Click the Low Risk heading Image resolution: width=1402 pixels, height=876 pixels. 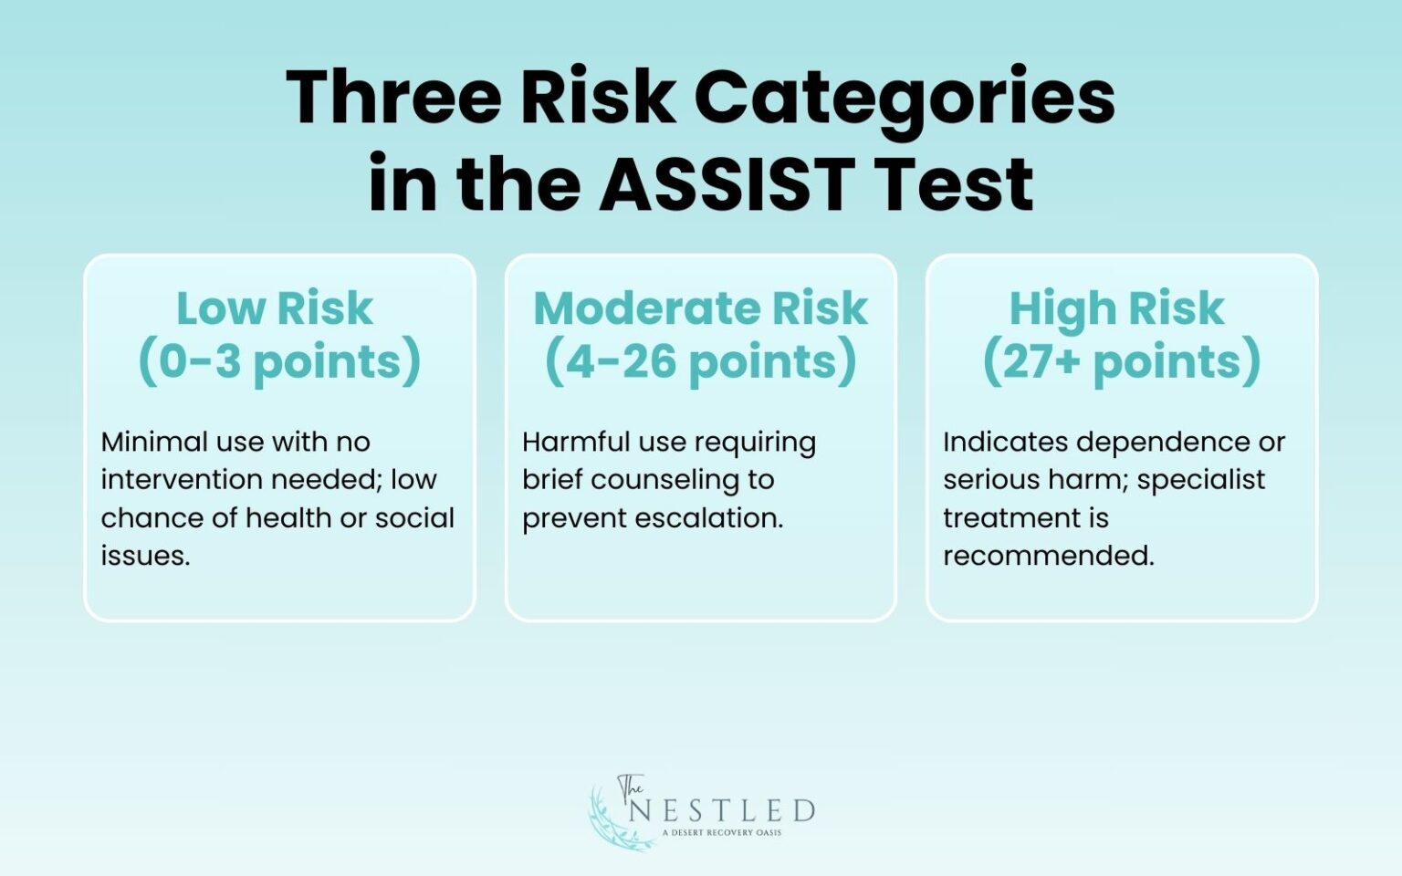point(275,308)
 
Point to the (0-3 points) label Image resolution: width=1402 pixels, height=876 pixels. point(279,361)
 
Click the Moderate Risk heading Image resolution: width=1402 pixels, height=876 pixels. point(700,308)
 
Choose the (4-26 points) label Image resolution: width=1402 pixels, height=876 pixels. point(700,361)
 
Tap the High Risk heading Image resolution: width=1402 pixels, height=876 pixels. point(1116,308)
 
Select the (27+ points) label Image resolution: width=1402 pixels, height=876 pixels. point(1122,361)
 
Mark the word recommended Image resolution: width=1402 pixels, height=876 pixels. point(1048,556)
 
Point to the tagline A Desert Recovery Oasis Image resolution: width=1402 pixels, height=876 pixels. point(722,832)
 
